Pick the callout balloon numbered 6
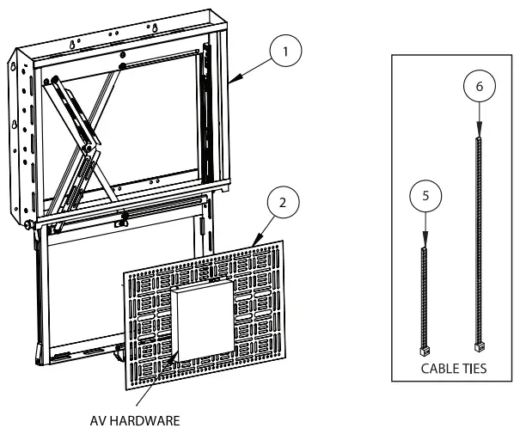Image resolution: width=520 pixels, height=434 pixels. (x=478, y=87)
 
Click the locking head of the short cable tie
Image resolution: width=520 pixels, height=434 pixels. (x=423, y=351)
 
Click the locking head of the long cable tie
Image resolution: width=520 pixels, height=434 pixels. (x=478, y=345)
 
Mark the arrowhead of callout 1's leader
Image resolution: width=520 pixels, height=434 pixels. (x=233, y=80)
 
